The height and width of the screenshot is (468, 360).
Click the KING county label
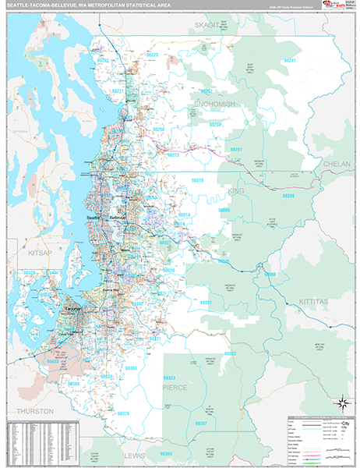(x=236, y=190)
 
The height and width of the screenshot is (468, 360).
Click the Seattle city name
(x=93, y=216)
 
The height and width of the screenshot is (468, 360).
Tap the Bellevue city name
(x=118, y=216)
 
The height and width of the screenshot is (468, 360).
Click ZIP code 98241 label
(x=290, y=60)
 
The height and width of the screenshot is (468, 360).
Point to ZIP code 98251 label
(x=236, y=148)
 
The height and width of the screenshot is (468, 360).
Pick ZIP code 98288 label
(x=288, y=197)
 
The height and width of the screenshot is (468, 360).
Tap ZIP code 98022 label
(x=231, y=353)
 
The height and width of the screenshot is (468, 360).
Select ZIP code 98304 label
(x=166, y=453)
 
